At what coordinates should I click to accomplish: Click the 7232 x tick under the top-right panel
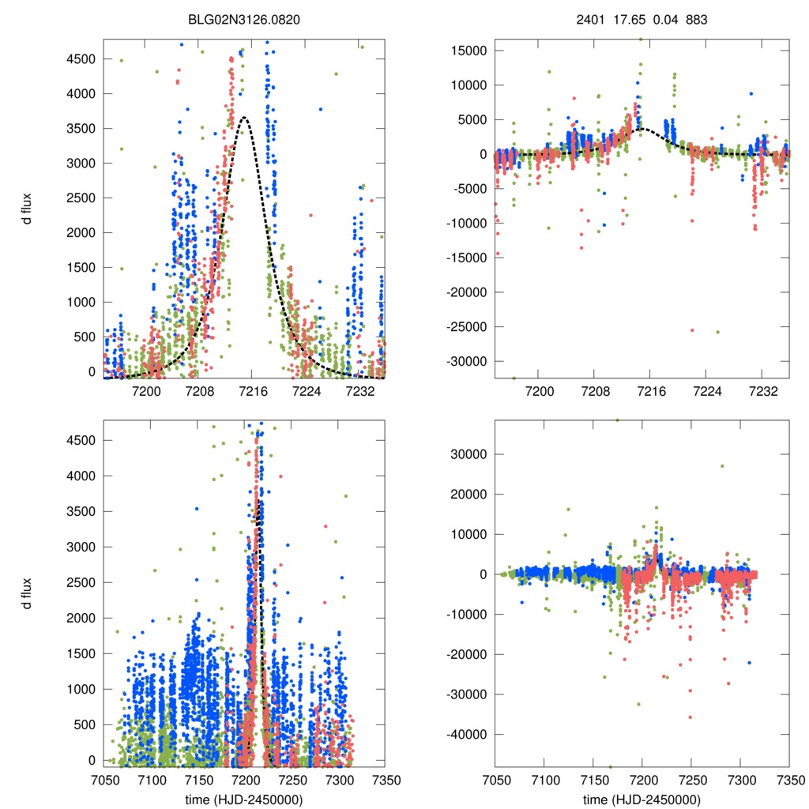point(762,391)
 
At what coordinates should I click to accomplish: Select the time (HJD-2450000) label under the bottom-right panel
point(642,799)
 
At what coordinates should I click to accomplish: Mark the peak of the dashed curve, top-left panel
point(245,117)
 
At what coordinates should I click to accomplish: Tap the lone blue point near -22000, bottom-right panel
point(748,662)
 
